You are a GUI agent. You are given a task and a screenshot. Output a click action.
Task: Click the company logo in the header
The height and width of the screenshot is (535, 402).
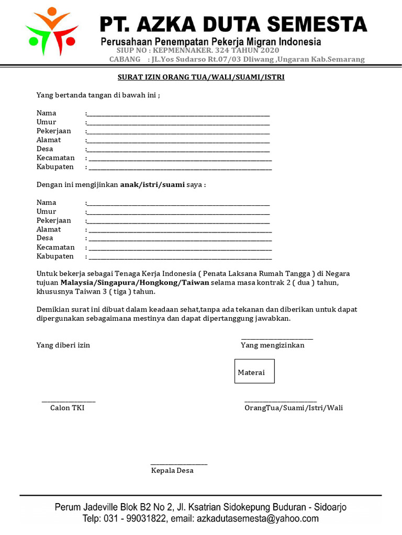pyautogui.click(x=51, y=31)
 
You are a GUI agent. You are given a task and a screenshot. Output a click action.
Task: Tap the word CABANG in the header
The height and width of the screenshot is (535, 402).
pyautogui.click(x=125, y=60)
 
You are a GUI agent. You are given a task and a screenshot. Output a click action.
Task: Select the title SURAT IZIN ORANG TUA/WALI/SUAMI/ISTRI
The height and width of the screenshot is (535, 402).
pyautogui.click(x=200, y=77)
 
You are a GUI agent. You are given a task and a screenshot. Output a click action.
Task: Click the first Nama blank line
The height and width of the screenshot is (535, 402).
pyautogui.click(x=178, y=114)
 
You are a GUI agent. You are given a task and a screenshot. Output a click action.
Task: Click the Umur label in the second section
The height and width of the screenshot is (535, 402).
pyautogui.click(x=46, y=212)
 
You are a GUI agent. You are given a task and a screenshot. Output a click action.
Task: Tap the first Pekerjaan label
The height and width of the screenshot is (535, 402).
pyautogui.click(x=53, y=131)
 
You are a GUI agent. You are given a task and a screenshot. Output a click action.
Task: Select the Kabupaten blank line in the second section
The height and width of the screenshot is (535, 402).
pyautogui.click(x=180, y=257)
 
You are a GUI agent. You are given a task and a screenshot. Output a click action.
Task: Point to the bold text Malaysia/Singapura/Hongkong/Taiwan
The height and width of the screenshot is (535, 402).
pyautogui.click(x=135, y=283)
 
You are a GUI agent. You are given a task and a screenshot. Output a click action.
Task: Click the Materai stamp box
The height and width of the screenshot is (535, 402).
pyautogui.click(x=254, y=371)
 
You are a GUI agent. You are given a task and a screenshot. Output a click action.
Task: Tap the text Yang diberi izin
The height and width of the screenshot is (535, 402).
pyautogui.click(x=63, y=345)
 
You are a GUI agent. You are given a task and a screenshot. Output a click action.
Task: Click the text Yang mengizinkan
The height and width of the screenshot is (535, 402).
pyautogui.click(x=272, y=345)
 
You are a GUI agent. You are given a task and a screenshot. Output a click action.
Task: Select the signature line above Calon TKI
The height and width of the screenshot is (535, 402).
pyautogui.click(x=69, y=401)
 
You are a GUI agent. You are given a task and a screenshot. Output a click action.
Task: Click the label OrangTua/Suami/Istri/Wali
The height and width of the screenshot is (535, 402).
pyautogui.click(x=293, y=408)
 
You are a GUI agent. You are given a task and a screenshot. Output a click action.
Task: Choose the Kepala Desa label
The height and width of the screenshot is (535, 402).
pyautogui.click(x=172, y=471)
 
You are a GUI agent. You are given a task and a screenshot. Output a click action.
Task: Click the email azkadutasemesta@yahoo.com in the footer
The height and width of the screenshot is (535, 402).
pyautogui.click(x=257, y=519)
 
